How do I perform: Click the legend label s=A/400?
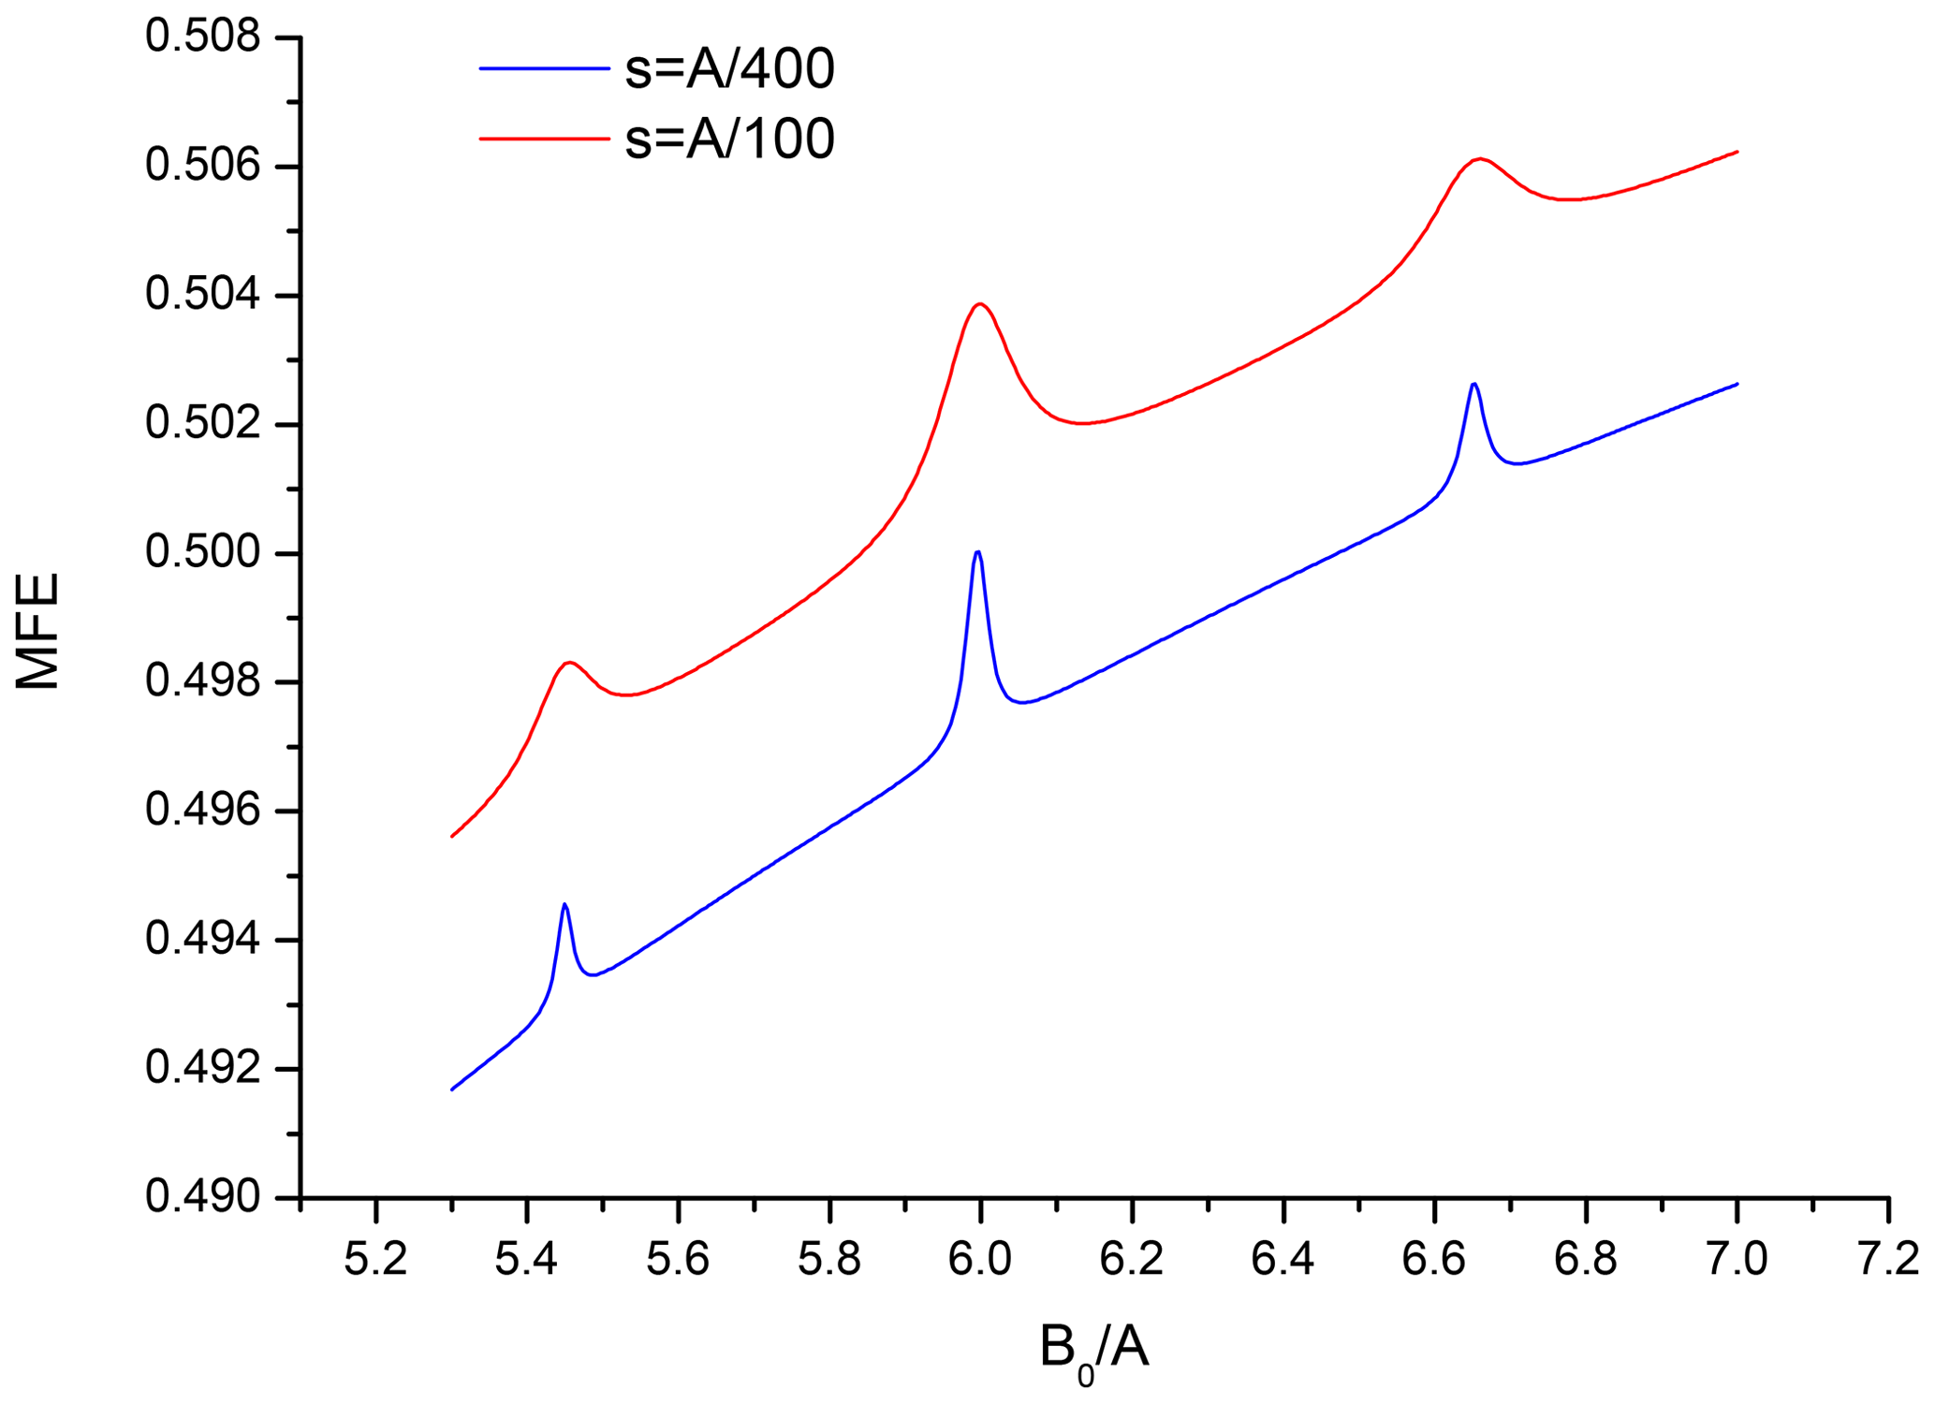click(x=729, y=68)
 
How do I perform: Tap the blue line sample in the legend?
click(x=544, y=68)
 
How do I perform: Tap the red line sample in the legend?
click(x=544, y=139)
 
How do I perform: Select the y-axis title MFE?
click(x=38, y=631)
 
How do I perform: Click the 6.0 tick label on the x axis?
click(x=980, y=1260)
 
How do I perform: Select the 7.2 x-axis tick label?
click(x=1888, y=1260)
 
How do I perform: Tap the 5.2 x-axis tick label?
click(x=375, y=1260)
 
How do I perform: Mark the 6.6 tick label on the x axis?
click(x=1434, y=1260)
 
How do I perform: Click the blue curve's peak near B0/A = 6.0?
click(x=977, y=551)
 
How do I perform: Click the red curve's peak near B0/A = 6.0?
click(x=980, y=303)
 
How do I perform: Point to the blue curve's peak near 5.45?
click(x=564, y=904)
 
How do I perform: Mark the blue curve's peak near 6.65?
click(x=1474, y=384)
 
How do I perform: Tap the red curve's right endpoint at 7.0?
click(x=1737, y=152)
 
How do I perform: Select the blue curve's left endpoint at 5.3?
click(x=452, y=1090)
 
